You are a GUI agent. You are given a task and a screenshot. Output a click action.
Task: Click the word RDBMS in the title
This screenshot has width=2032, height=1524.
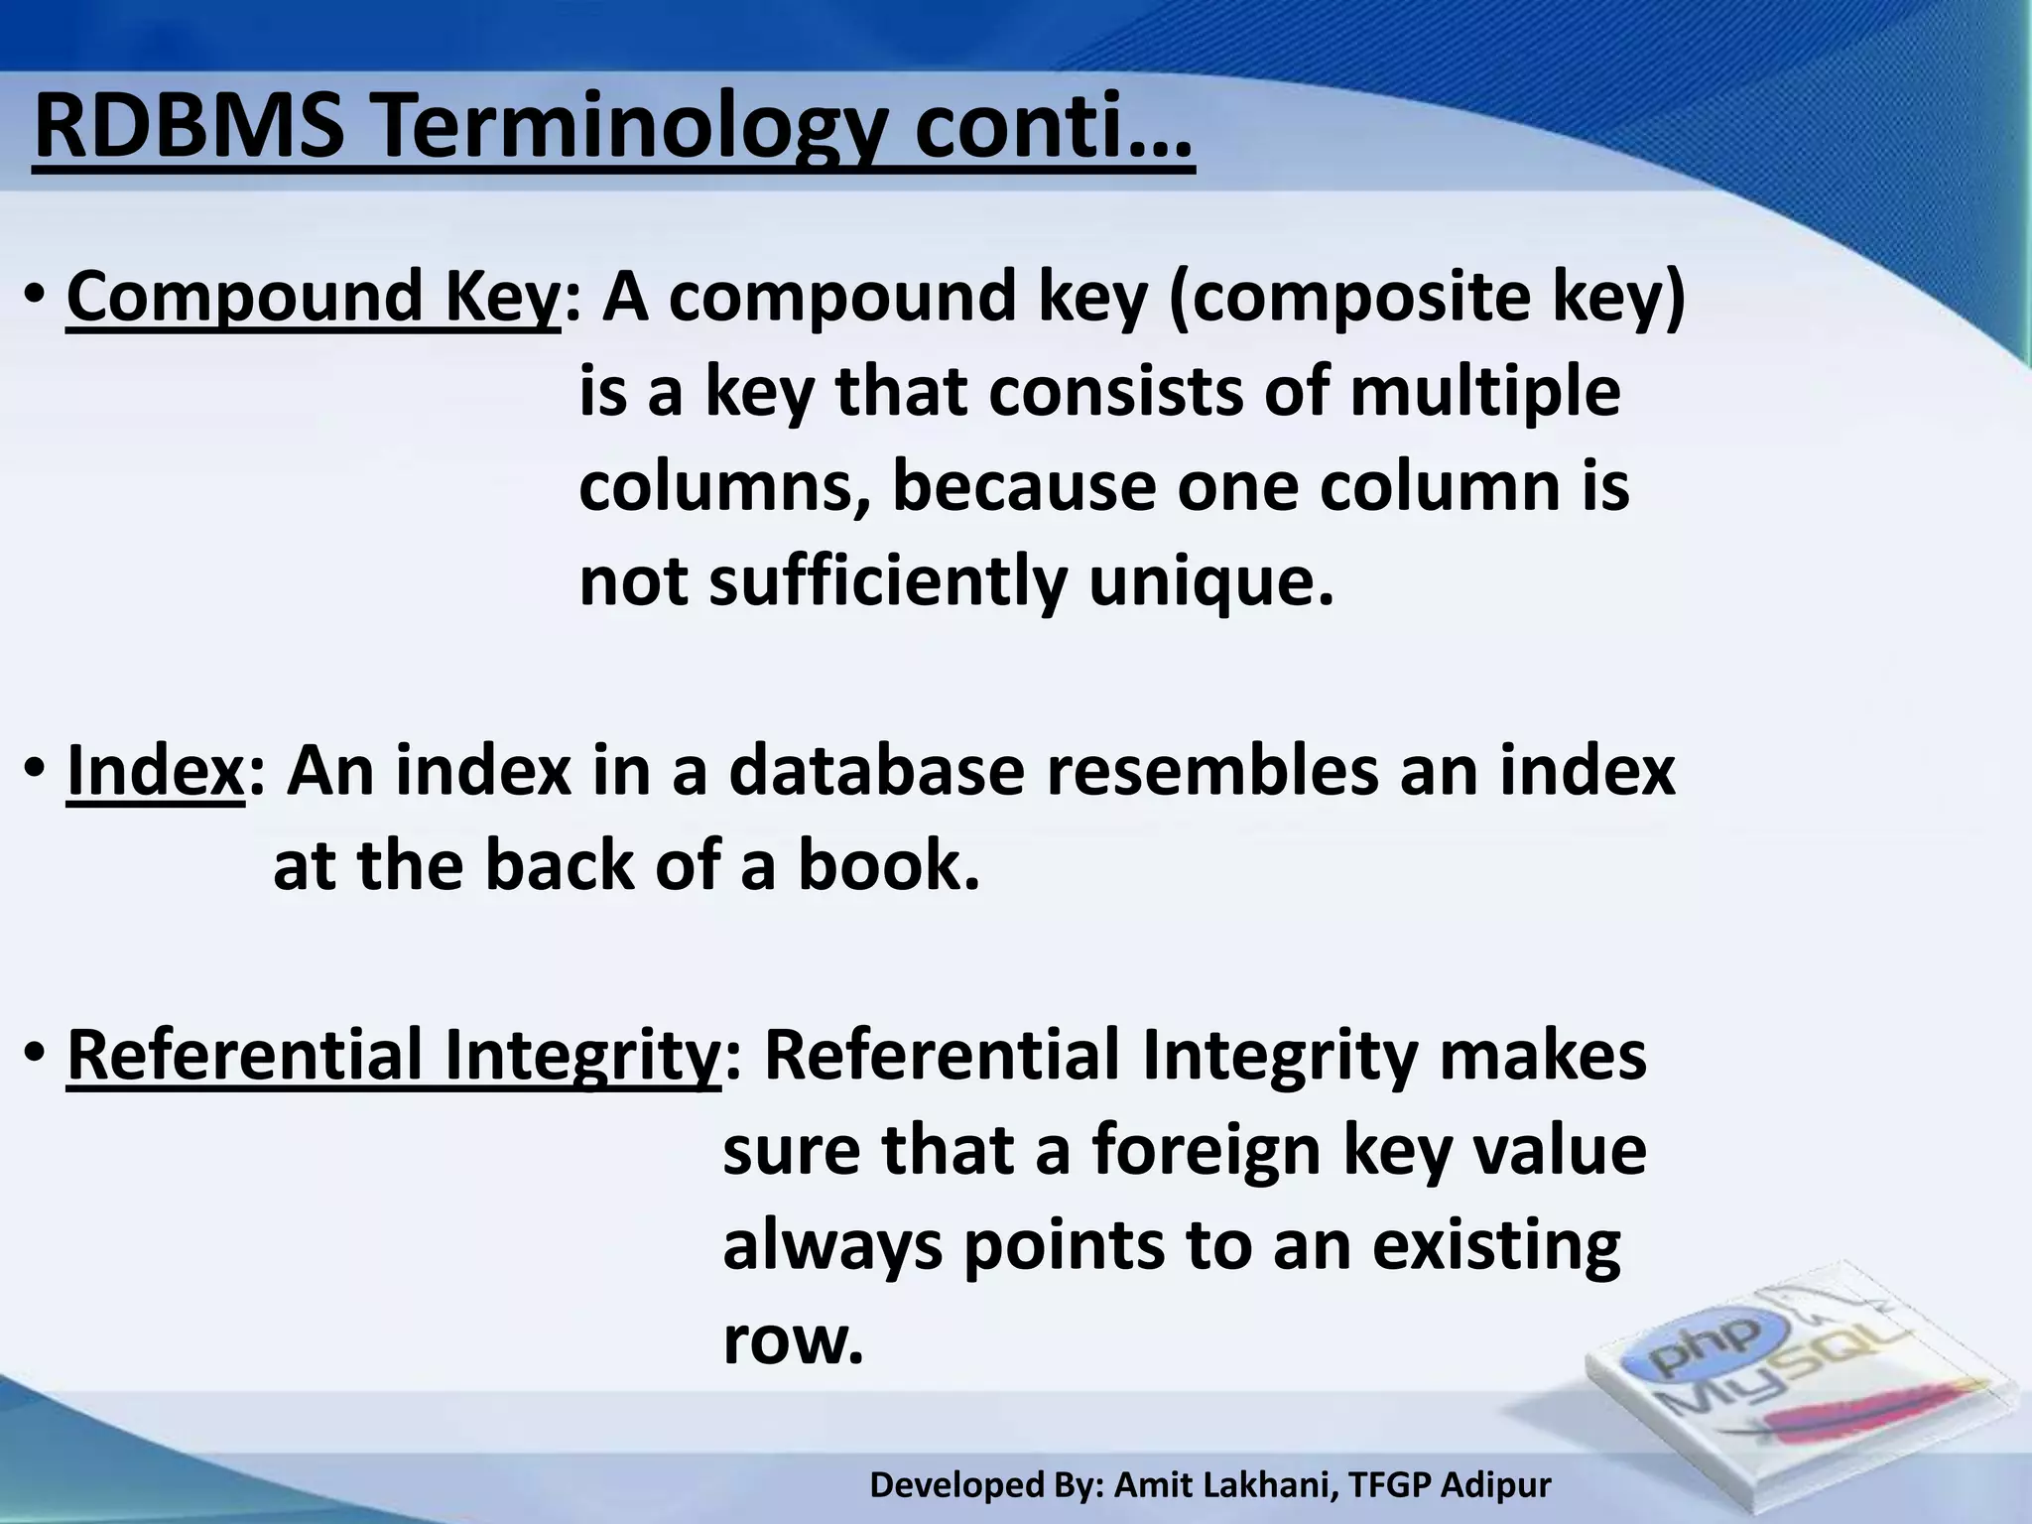(190, 129)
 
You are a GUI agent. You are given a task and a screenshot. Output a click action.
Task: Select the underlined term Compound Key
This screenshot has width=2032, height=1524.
(314, 298)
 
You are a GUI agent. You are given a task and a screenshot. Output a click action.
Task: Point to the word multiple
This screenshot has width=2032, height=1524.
(1484, 393)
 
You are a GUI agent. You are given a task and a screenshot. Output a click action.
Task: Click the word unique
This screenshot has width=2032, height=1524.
(1209, 582)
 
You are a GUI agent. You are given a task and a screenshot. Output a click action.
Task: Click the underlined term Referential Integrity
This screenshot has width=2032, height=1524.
(393, 1056)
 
